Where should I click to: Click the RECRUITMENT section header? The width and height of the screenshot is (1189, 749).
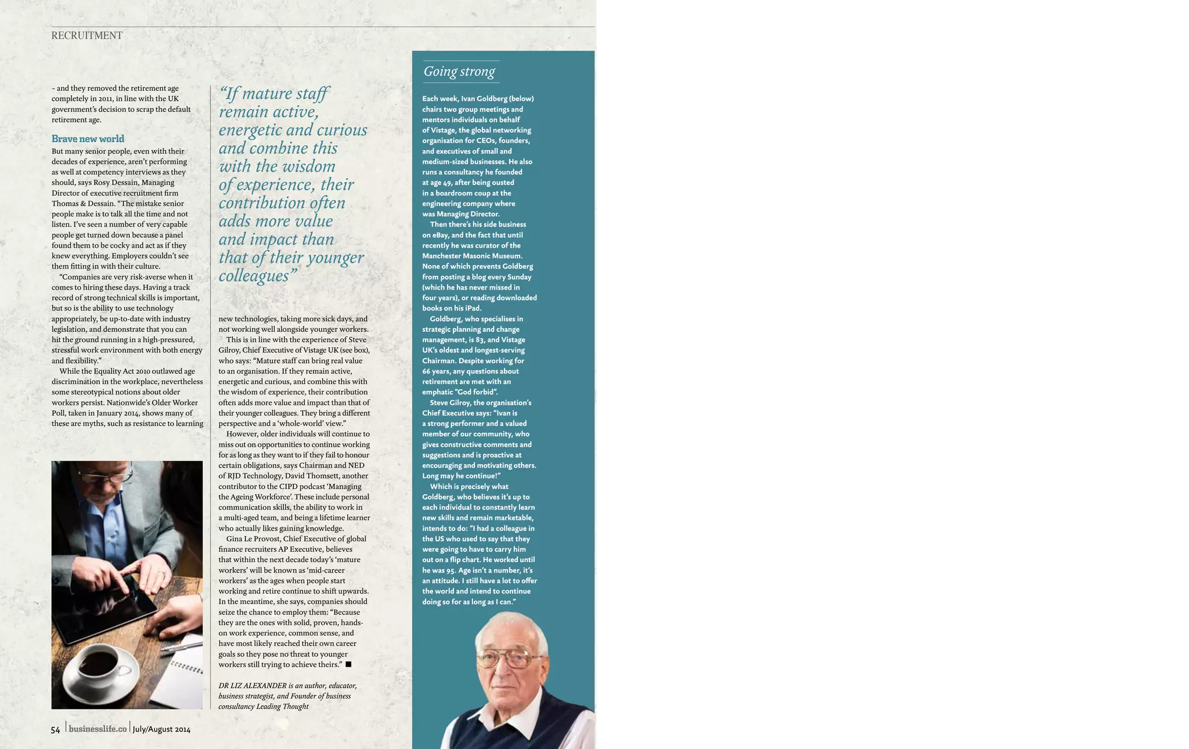pyautogui.click(x=87, y=35)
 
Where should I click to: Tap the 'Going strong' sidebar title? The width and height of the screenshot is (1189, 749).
pyautogui.click(x=459, y=71)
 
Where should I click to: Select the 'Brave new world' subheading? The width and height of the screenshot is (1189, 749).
pyautogui.click(x=88, y=139)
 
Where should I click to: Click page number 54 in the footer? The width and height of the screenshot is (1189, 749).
pyautogui.click(x=56, y=729)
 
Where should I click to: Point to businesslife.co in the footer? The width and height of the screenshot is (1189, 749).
pyautogui.click(x=98, y=729)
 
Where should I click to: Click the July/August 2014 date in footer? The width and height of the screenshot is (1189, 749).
pyautogui.click(x=161, y=729)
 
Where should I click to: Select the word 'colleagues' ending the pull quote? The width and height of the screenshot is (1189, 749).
pyautogui.click(x=253, y=276)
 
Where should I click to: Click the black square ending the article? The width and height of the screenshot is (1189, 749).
pyautogui.click(x=348, y=664)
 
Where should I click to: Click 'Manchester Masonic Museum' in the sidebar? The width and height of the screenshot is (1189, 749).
pyautogui.click(x=472, y=256)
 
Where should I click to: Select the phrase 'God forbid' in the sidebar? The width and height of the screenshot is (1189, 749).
pyautogui.click(x=473, y=392)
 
